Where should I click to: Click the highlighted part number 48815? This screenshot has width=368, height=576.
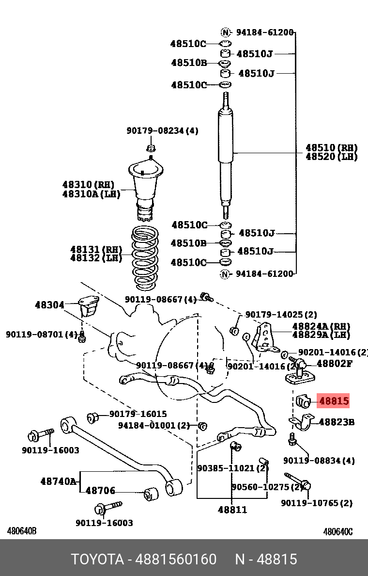(x=334, y=401)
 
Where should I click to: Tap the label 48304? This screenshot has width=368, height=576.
(x=49, y=305)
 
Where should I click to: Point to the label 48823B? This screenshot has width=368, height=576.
(x=337, y=422)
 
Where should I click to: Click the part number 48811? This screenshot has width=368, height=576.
(x=232, y=510)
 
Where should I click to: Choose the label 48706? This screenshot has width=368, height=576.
(x=100, y=491)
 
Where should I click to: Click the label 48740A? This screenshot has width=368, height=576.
(x=58, y=481)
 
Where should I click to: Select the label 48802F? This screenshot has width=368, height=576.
(x=335, y=363)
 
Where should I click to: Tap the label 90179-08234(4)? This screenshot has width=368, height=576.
(x=162, y=131)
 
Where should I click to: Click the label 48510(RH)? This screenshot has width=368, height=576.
(x=331, y=148)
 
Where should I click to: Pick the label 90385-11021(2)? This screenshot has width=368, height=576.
(x=232, y=468)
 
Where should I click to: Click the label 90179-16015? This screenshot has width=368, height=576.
(x=138, y=414)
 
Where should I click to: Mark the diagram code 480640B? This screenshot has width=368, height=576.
(x=22, y=532)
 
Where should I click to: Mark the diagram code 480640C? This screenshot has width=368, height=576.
(x=337, y=532)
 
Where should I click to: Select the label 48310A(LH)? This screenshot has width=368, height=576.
(x=91, y=194)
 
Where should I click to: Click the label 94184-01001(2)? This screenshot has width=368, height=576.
(x=154, y=426)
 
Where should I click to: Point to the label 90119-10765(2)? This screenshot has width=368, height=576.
(x=317, y=503)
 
